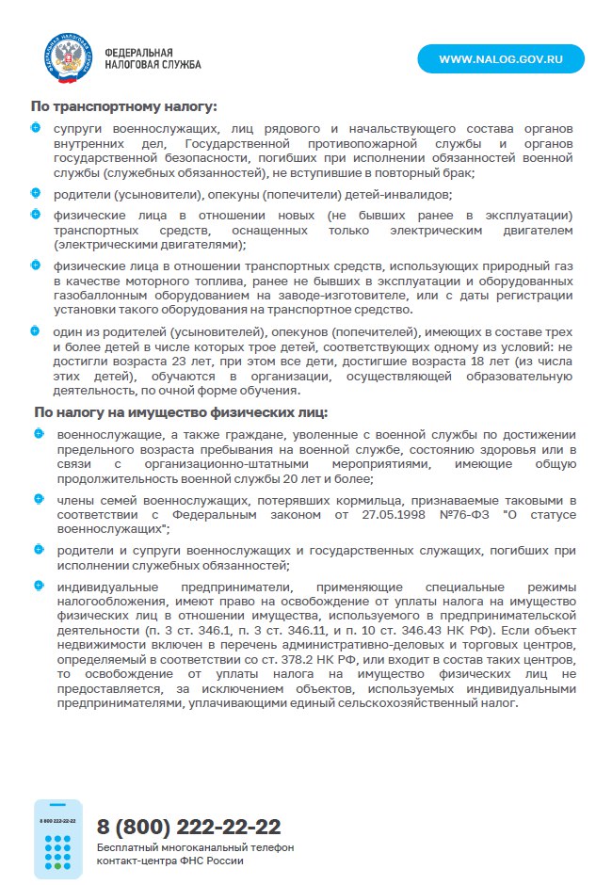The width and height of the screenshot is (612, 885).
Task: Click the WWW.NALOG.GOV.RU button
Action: click(x=501, y=58)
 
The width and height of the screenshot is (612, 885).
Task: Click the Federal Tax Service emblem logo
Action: click(x=66, y=57)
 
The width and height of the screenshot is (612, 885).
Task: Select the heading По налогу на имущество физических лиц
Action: click(x=180, y=411)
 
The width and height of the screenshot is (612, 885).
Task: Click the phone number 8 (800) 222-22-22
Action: click(x=188, y=827)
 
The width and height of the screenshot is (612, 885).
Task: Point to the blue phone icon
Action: click(x=58, y=839)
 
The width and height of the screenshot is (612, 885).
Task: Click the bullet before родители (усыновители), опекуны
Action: click(x=36, y=193)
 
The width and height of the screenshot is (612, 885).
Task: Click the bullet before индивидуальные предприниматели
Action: click(x=39, y=585)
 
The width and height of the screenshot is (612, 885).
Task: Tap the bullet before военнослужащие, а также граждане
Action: click(x=39, y=434)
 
